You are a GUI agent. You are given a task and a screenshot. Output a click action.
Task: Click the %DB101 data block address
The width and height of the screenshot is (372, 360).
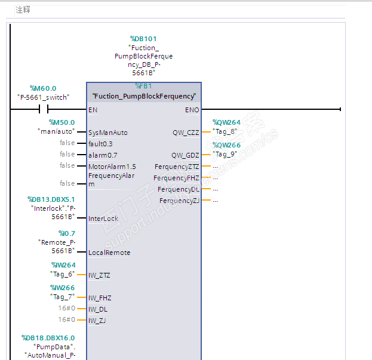pyautogui.click(x=143, y=39)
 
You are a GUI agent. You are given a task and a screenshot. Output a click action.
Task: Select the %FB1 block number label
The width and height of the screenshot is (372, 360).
pyautogui.click(x=143, y=86)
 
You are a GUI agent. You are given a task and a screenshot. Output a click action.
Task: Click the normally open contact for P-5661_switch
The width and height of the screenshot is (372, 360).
pyautogui.click(x=43, y=109)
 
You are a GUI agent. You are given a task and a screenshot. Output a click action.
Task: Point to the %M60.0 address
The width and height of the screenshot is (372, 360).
pyautogui.click(x=43, y=88)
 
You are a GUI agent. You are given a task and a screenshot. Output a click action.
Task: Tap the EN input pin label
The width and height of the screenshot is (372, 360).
pyautogui.click(x=93, y=110)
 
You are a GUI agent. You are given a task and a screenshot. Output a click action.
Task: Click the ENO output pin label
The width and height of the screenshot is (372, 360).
pyautogui.click(x=192, y=110)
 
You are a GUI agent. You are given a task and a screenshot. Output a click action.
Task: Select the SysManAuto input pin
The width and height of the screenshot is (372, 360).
pyautogui.click(x=107, y=133)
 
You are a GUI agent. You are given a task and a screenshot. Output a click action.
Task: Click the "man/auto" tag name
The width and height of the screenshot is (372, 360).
pyautogui.click(x=56, y=131)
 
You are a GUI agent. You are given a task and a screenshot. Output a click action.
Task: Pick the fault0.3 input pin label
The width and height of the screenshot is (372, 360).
pyautogui.click(x=100, y=144)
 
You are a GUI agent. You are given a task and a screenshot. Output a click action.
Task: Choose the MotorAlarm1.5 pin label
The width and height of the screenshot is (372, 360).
pyautogui.click(x=112, y=167)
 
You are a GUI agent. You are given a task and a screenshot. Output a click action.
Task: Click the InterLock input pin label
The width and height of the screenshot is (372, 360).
pyautogui.click(x=103, y=219)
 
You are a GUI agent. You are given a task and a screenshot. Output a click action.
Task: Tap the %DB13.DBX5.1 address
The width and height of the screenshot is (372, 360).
pyautogui.click(x=51, y=199)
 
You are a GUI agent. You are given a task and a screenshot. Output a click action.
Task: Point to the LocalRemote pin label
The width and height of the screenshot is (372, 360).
pyautogui.click(x=109, y=253)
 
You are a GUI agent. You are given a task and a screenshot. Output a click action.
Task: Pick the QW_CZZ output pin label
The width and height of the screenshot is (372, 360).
pyautogui.click(x=185, y=133)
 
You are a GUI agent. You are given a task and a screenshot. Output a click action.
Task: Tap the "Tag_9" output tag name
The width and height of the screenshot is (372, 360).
pyautogui.click(x=225, y=153)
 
